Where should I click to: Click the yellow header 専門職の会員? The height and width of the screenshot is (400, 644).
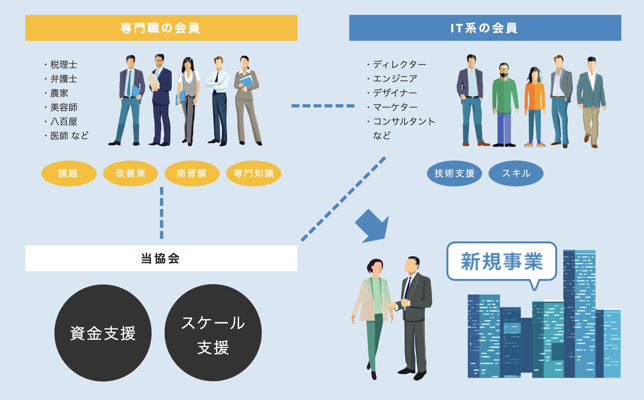tap(161, 28)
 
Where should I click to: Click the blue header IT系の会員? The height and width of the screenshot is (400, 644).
tap(485, 28)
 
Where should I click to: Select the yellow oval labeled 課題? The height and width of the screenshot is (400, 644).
tap(69, 173)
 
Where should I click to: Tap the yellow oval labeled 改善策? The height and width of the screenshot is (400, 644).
tap(130, 173)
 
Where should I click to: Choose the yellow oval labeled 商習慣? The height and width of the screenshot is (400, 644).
tap(192, 173)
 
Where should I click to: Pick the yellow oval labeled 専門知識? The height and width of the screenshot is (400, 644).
tap(253, 173)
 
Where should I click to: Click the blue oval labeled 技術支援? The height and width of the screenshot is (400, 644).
tap(454, 173)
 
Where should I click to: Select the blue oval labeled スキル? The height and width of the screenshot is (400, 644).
tap(516, 173)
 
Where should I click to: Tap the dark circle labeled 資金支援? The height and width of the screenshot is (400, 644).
tap(103, 333)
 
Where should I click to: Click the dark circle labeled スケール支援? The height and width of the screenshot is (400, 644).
tap(213, 333)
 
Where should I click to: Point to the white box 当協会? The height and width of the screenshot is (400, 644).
tap(161, 258)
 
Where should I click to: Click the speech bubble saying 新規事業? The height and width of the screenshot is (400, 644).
tap(501, 261)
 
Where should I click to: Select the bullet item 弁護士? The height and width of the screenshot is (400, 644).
tap(63, 79)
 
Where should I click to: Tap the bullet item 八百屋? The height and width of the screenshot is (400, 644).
tap(63, 122)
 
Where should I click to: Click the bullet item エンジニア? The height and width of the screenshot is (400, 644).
tap(395, 79)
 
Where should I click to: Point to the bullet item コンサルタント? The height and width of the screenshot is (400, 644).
tap(404, 121)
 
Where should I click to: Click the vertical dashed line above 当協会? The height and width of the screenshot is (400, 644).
tap(162, 213)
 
